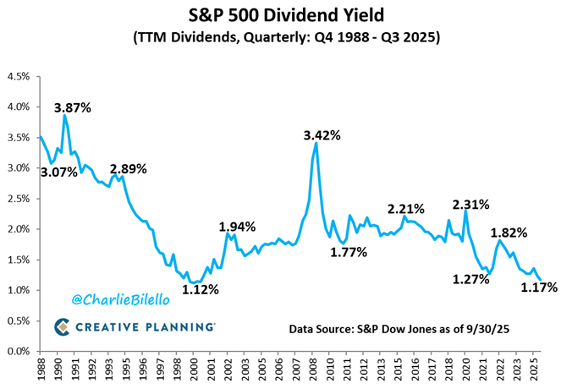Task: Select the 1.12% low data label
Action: click(203, 289)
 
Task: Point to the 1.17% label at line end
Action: click(539, 288)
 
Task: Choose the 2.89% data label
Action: click(128, 168)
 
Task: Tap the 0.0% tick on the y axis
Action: click(19, 351)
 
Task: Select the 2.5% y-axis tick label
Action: click(19, 199)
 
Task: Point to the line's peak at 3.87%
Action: click(64, 116)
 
